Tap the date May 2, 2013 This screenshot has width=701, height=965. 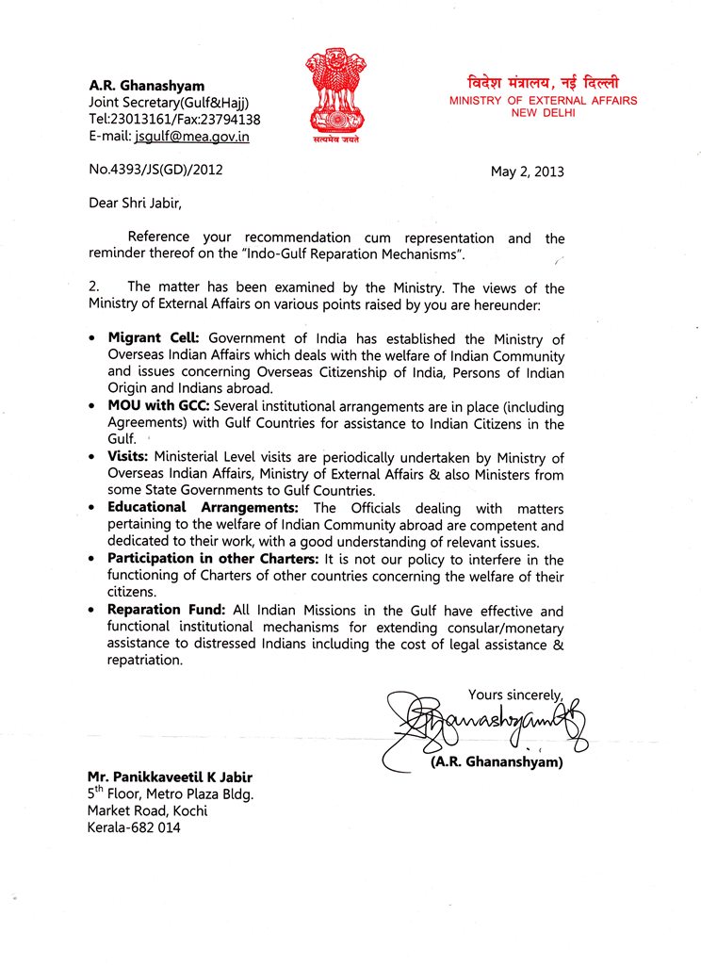tap(527, 172)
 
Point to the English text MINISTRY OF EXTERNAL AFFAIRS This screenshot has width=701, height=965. tap(543, 101)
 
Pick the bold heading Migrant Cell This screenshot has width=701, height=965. tap(155, 337)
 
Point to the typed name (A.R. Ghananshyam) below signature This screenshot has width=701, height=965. tap(496, 762)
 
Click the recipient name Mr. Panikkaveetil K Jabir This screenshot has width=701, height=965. tap(170, 777)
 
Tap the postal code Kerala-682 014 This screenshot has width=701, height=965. tap(134, 827)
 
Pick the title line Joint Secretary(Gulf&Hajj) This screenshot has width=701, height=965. tap(169, 103)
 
